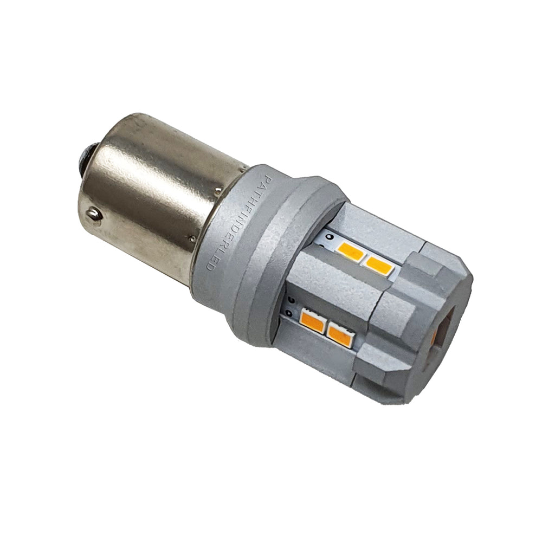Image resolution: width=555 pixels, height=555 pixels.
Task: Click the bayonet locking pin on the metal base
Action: tap(94, 214)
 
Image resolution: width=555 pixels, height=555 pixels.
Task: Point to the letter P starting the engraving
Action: tap(266, 179)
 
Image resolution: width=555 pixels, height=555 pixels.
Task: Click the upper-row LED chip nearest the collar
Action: tap(350, 251)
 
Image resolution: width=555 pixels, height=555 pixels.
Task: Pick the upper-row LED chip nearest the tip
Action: tap(379, 264)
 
